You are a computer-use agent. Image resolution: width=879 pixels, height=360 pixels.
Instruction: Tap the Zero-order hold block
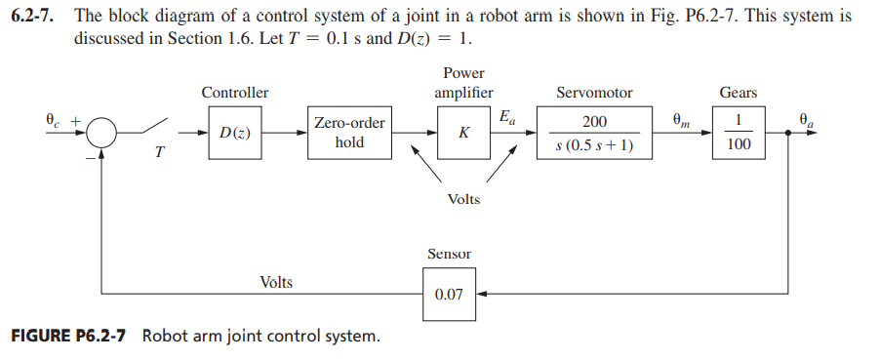(x=348, y=133)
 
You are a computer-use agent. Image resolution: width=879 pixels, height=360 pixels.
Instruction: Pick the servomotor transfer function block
(x=594, y=134)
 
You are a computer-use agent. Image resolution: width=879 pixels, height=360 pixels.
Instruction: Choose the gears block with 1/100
(x=738, y=134)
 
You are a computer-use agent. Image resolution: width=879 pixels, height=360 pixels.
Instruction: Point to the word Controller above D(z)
(x=234, y=93)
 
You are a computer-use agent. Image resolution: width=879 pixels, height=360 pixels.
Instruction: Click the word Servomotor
(x=594, y=93)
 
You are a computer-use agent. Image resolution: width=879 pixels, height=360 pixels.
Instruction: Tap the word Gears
(x=738, y=93)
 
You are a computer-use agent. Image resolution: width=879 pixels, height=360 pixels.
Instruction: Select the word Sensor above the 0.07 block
(x=449, y=254)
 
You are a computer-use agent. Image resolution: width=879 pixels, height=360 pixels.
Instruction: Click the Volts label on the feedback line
(x=276, y=282)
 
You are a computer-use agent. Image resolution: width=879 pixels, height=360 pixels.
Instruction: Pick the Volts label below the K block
(x=463, y=199)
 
